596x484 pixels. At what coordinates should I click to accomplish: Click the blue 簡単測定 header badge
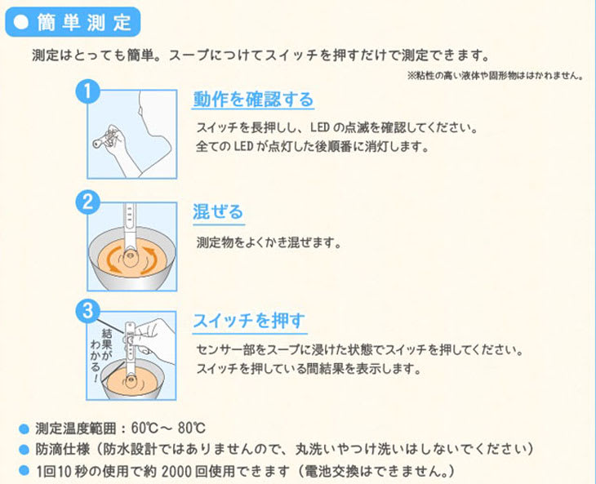[x=73, y=22]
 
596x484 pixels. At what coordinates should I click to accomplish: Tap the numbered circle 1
[x=88, y=91]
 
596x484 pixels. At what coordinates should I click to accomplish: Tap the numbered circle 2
[x=88, y=202]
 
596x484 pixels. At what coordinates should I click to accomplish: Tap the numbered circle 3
[x=88, y=311]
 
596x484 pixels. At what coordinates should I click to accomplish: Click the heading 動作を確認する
[x=253, y=100]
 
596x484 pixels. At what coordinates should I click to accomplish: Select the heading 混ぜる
[x=218, y=212]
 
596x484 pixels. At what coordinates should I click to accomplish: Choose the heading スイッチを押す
[x=249, y=321]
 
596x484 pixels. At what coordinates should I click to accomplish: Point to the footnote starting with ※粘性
[x=496, y=76]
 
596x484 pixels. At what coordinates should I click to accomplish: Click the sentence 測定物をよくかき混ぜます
[x=269, y=242]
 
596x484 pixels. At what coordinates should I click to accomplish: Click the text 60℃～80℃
[x=168, y=428]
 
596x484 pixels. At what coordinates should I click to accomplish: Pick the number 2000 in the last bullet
[x=177, y=472]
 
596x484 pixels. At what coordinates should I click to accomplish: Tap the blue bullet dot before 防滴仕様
[x=24, y=451]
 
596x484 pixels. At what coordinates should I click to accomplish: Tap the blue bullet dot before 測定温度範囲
[x=24, y=429]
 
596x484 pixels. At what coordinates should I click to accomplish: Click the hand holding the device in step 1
[x=114, y=144]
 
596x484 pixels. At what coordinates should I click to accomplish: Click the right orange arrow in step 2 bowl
[x=149, y=260]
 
